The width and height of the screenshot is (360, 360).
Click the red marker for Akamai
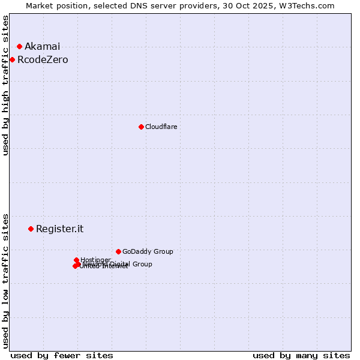[19, 46]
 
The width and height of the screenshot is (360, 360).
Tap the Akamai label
[42, 47]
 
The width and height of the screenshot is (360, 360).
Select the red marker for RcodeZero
[12, 59]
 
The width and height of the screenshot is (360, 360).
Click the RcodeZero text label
[43, 60]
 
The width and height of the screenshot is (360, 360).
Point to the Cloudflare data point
[141, 127]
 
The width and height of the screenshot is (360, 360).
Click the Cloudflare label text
[161, 127]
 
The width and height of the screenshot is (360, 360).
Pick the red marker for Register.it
[31, 229]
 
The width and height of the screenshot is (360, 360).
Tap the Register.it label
[59, 229]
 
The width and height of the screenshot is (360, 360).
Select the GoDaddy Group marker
[118, 251]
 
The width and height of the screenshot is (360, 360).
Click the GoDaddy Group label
[148, 252]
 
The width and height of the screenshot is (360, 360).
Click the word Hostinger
[95, 260]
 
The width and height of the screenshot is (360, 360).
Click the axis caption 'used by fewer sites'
[62, 355]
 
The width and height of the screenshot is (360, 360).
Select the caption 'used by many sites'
[301, 355]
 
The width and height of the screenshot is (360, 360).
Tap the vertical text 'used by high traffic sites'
[6, 85]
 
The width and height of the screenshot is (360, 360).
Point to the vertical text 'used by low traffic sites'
[6, 280]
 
